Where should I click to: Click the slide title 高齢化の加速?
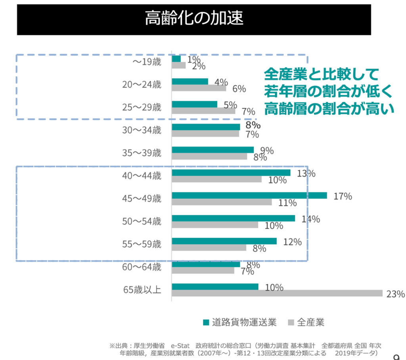pos(193,19)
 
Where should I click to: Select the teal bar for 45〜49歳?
pos(249,195)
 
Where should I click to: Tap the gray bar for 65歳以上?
pos(277,293)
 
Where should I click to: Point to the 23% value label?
pos(395,294)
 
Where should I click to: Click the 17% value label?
pos(343,196)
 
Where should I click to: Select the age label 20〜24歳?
pos(142,84)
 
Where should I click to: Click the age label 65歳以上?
pos(142,290)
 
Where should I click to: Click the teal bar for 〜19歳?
pos(176,59)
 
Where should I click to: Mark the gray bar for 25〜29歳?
pos(203,111)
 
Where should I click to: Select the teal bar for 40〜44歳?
pos(231,173)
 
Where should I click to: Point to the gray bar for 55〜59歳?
pos(209,248)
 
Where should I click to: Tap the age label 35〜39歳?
pos(142,153)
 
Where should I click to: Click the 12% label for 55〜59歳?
pos(293,242)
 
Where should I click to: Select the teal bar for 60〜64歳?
pos(206,264)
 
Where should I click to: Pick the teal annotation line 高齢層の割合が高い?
pos(329,108)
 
